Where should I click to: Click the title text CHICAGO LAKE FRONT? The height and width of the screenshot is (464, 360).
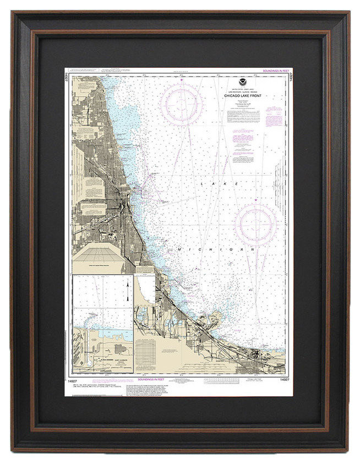pos(243,96)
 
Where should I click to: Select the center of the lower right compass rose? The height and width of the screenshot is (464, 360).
pos(255,225)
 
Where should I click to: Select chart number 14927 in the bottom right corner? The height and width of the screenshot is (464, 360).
pos(283,380)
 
